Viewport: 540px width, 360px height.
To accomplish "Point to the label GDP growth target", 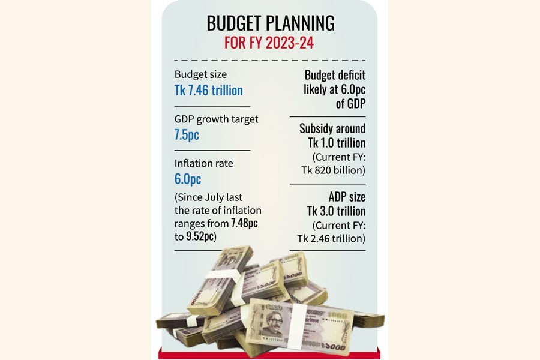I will coord(216,119).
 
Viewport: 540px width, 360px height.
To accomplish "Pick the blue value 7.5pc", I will coord(187,134).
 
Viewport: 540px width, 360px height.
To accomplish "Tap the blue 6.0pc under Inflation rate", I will coord(187,179).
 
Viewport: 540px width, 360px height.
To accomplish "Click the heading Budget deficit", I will coord(335,75).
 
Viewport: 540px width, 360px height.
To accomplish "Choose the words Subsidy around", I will coord(332,128).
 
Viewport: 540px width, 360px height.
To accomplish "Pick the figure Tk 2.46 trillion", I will coord(331,238).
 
